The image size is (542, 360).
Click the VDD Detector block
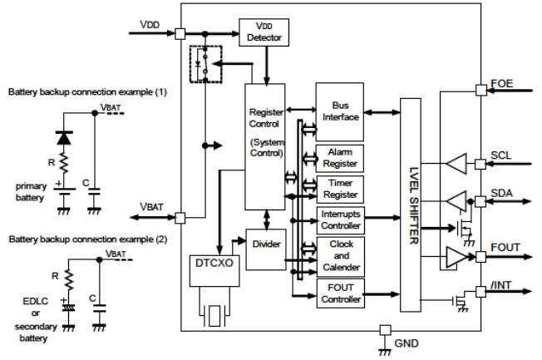(x=263, y=32)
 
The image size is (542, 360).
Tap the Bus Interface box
(x=339, y=111)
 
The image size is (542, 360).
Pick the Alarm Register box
(x=339, y=157)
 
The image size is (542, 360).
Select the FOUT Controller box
(x=339, y=293)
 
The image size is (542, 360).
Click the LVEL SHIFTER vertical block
(x=413, y=205)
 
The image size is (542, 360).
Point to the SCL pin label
(x=502, y=156)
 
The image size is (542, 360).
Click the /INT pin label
(x=502, y=285)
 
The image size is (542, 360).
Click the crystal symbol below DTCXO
(x=215, y=314)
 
